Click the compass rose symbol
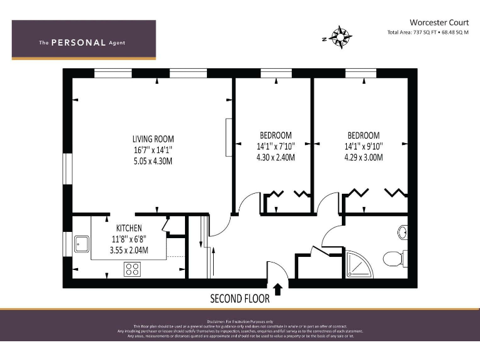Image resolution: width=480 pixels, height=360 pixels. [339, 37]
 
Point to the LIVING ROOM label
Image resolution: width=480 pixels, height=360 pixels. [152, 139]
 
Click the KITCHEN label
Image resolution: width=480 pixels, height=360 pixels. [129, 228]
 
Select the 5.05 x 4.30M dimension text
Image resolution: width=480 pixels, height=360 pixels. [152, 161]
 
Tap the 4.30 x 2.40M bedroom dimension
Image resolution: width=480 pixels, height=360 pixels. [275, 157]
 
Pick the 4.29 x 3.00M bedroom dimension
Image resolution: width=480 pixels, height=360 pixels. [363, 157]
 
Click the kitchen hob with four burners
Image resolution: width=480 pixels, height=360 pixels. [132, 269]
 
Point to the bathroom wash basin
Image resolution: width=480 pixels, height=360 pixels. [401, 232]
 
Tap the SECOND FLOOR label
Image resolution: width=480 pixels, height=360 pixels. [239, 298]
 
